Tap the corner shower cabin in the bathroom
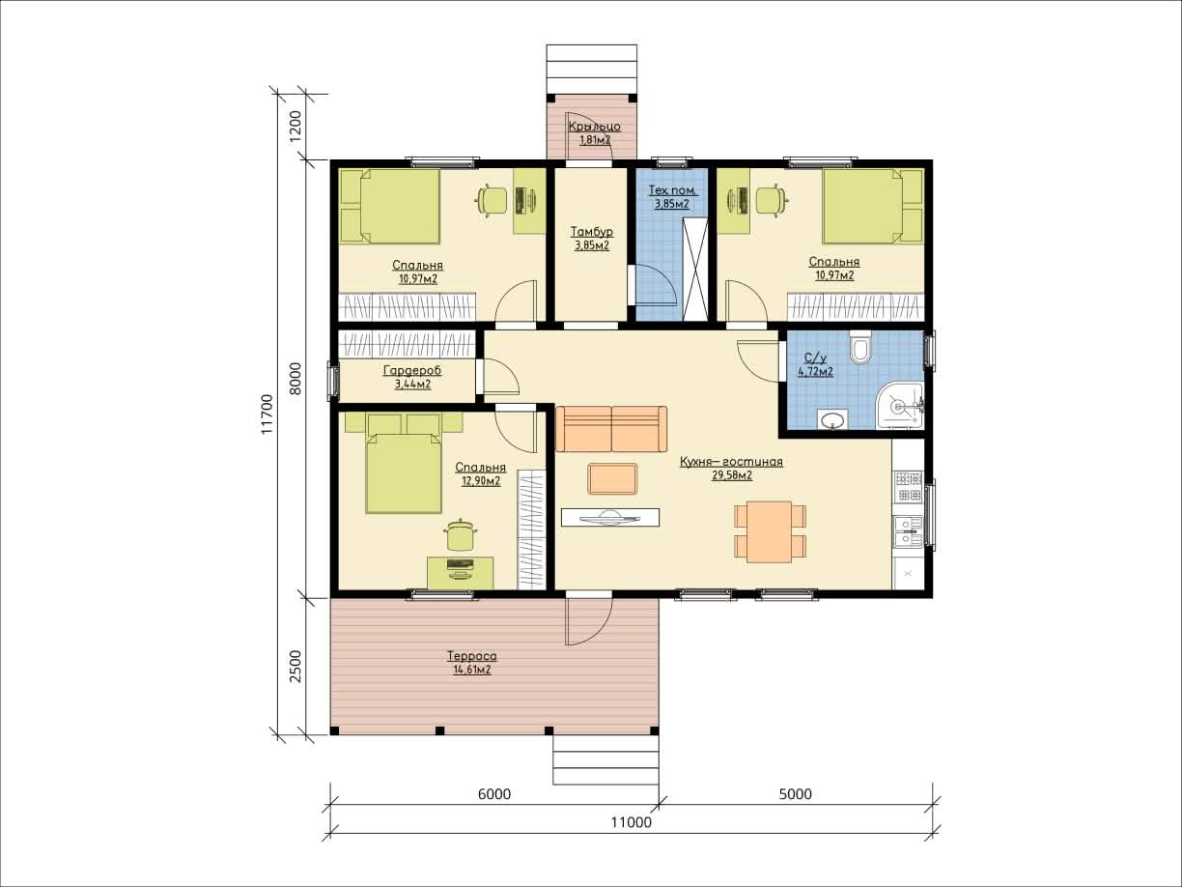pos(900,406)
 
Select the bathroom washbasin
pos(832,419)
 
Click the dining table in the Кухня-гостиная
pos(770,531)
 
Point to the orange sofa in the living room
pos(611,429)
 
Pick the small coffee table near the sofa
pos(613,478)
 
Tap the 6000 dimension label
pos(494,794)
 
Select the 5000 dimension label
pos(796,794)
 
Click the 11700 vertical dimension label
pos(267,414)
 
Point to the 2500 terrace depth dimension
pos(295,666)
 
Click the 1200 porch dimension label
pos(295,126)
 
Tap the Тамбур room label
pos(592,232)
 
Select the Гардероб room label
pos(412,370)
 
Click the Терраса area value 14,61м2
pos(471,670)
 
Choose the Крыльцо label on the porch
pos(595,127)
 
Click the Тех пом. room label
pos(672,190)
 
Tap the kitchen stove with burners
pos(909,486)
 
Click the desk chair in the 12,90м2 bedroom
pos(460,534)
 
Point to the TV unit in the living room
pos(610,518)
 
